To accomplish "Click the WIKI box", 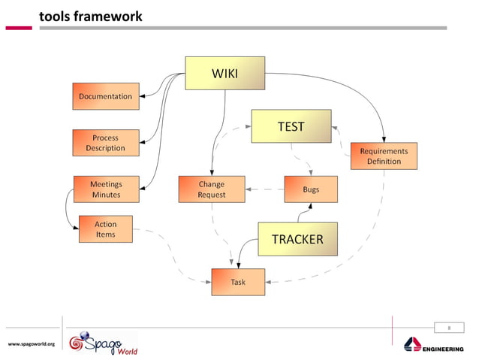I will [x=224, y=73].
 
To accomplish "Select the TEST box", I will [x=291, y=126].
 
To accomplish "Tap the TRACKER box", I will [x=297, y=239].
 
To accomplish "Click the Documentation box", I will [x=106, y=96].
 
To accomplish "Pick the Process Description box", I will [x=106, y=143].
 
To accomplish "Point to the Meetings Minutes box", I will [x=106, y=189].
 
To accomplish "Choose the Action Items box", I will [x=106, y=229].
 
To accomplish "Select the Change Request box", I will [x=211, y=189].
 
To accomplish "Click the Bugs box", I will [x=311, y=189].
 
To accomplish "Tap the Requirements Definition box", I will [x=384, y=156].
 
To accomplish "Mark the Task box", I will [x=237, y=282].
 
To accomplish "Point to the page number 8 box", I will [x=449, y=327].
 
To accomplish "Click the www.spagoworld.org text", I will [x=32, y=344].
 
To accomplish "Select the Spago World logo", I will [x=101, y=342].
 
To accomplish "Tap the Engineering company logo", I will [x=435, y=345].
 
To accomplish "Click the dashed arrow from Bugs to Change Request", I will [x=264, y=189].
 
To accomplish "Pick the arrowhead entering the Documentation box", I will [x=143, y=96].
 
